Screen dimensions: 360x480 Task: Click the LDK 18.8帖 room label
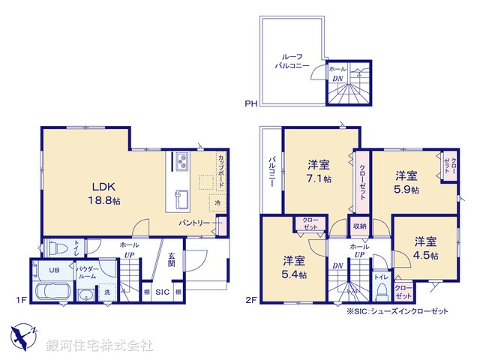(105, 193)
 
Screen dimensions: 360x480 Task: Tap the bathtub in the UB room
(52, 292)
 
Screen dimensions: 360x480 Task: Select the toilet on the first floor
(56, 247)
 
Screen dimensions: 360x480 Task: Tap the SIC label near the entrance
(162, 291)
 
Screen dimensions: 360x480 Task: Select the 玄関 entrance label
(171, 259)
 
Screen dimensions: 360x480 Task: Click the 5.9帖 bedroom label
(406, 182)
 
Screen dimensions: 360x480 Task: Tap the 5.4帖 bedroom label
(293, 267)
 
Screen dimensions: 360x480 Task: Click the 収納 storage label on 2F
(359, 226)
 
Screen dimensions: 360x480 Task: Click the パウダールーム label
(85, 273)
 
